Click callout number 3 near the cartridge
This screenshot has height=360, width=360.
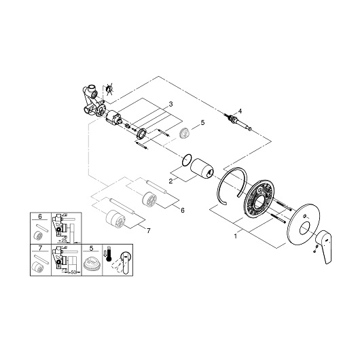(170, 105)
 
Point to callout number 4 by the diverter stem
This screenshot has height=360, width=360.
(240, 111)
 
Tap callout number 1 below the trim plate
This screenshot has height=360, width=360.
(235, 236)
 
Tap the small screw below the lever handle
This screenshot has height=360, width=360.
(316, 249)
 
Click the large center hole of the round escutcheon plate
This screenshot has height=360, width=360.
(306, 229)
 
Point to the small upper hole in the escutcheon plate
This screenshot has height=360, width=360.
(304, 216)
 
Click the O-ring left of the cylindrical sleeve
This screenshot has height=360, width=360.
(187, 160)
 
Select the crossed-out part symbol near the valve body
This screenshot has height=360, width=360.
(109, 88)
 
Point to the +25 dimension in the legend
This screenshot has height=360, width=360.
(62, 240)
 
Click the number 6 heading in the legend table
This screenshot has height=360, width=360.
(40, 216)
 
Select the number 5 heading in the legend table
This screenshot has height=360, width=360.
(92, 248)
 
